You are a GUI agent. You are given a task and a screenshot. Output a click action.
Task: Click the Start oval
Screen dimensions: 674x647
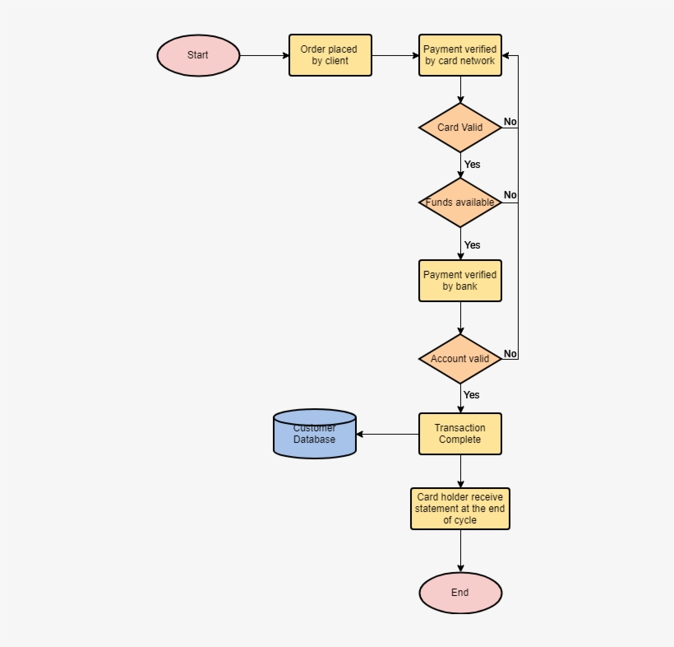pyautogui.click(x=198, y=55)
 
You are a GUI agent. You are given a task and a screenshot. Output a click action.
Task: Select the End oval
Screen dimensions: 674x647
pyautogui.click(x=460, y=593)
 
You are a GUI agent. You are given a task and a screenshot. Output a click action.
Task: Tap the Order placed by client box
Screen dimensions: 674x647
pyautogui.click(x=330, y=55)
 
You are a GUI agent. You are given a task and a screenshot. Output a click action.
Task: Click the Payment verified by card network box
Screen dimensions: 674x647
pyautogui.click(x=460, y=55)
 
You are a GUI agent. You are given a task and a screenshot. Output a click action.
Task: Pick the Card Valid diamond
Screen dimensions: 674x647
pyautogui.click(x=460, y=128)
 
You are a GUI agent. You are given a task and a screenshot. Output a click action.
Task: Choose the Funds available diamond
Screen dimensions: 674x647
pyautogui.click(x=460, y=202)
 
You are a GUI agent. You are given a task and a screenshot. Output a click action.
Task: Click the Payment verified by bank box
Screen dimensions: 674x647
pyautogui.click(x=460, y=281)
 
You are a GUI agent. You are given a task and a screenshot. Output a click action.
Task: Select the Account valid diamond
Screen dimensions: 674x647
pyautogui.click(x=460, y=359)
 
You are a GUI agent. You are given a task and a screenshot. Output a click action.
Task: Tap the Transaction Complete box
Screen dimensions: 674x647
pyautogui.click(x=460, y=434)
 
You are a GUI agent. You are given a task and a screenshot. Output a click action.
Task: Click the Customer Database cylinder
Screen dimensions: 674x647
pyautogui.click(x=315, y=434)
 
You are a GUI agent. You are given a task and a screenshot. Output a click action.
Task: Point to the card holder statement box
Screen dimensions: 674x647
pyautogui.click(x=460, y=509)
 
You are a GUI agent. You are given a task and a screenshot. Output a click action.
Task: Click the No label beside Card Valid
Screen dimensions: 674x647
pyautogui.click(x=510, y=122)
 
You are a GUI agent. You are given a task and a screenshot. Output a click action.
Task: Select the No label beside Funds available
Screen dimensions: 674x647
pyautogui.click(x=510, y=195)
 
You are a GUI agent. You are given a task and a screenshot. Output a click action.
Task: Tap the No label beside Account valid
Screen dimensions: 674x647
pyautogui.click(x=510, y=354)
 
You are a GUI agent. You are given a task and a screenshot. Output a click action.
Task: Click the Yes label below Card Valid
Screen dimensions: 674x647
pyautogui.click(x=473, y=165)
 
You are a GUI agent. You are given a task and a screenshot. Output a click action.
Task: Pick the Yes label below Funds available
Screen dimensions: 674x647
pyautogui.click(x=473, y=245)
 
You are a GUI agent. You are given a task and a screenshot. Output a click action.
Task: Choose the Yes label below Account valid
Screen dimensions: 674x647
pyautogui.click(x=472, y=395)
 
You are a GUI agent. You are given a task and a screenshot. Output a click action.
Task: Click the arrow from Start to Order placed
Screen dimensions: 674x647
pyautogui.click(x=265, y=55)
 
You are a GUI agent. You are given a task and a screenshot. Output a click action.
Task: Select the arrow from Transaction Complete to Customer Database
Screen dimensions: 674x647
pyautogui.click(x=388, y=434)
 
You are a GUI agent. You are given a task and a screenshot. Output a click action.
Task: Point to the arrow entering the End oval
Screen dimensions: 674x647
pyautogui.click(x=460, y=551)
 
